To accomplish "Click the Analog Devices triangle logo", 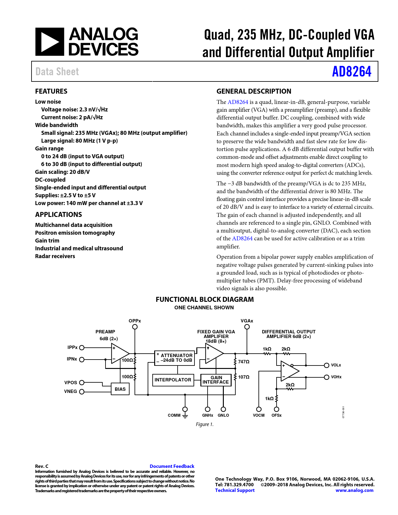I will [50, 42].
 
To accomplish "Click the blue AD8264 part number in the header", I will [351, 71].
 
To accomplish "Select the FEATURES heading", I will [51, 91].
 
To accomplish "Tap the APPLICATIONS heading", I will [58, 214].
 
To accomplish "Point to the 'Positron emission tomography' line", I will [75, 233].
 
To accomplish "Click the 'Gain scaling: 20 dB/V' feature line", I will [62, 172].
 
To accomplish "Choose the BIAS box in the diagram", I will [120, 389].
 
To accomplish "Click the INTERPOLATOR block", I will [173, 380].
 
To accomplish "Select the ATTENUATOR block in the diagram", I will [175, 358].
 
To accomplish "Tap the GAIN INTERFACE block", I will [216, 380].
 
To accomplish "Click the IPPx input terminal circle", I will [82, 348].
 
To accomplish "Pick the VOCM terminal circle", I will [259, 409].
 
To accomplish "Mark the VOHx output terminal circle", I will [327, 377].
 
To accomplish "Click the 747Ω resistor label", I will [244, 362].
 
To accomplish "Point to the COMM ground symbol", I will [185, 415].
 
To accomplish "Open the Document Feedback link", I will [172, 466].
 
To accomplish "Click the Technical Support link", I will [235, 490].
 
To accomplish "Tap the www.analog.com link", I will [354, 490].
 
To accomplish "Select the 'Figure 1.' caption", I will [205, 424].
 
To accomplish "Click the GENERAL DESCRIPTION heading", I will [254, 91].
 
